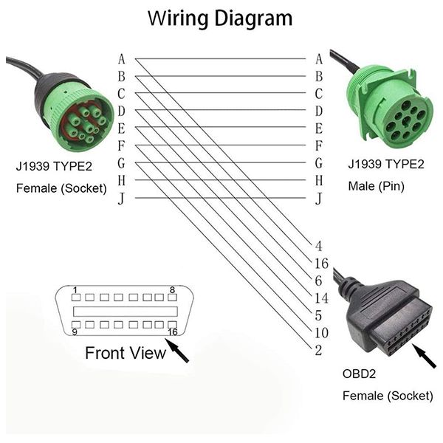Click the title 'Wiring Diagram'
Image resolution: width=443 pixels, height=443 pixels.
tap(220, 18)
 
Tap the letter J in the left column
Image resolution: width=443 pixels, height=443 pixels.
tap(121, 199)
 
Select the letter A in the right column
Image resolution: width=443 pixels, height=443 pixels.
tap(319, 59)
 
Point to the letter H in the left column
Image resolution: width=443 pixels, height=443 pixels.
tap(122, 181)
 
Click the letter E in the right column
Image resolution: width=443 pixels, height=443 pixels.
tap(319, 128)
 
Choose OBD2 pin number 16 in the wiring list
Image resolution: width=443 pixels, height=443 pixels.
tap(321, 264)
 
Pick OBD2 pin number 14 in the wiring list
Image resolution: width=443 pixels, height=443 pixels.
tap(321, 298)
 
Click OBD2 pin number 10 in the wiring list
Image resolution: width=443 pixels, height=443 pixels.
tap(321, 333)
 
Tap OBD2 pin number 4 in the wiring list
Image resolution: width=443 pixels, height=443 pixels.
tap(319, 246)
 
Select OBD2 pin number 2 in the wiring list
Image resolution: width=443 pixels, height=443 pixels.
tap(318, 350)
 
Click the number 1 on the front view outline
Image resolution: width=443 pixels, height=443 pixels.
tap(75, 290)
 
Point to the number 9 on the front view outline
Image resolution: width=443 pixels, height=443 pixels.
tap(75, 332)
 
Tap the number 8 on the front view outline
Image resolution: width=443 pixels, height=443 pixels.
tap(172, 290)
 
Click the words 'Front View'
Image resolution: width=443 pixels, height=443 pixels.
tap(126, 353)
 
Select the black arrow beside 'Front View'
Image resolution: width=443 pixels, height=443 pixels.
tap(177, 350)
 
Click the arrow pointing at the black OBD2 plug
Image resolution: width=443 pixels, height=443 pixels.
tap(424, 356)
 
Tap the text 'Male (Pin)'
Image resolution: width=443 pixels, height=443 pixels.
tap(376, 186)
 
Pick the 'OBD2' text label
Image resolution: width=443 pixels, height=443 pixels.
tap(359, 374)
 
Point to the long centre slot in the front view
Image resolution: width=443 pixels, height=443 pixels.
tap(126, 312)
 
